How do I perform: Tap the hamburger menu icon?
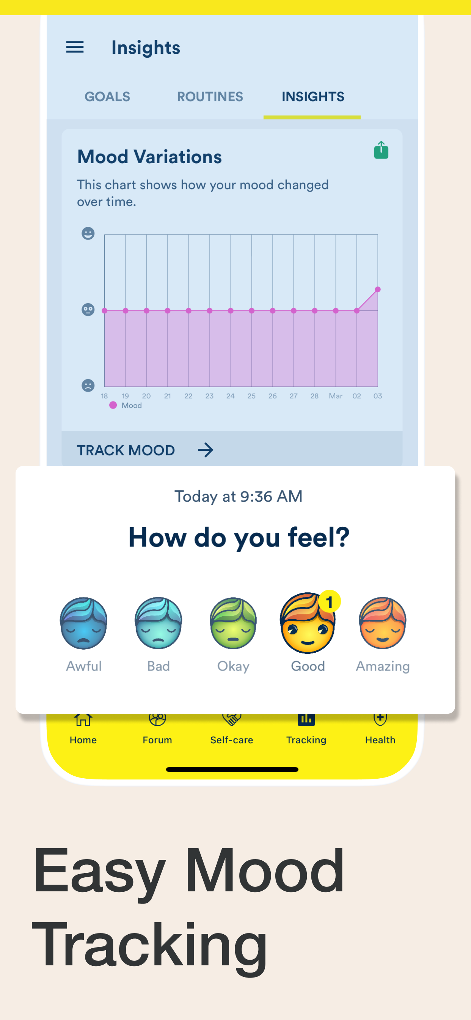point(75,47)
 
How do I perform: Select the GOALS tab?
point(107,97)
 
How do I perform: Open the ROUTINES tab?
point(210,97)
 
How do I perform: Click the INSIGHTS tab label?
point(313,97)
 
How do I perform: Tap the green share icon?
point(381,150)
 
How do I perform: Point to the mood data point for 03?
point(378,290)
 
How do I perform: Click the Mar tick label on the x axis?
point(336,396)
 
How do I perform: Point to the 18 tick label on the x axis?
point(104,396)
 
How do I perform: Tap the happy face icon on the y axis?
point(88,233)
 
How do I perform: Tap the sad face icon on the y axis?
point(88,385)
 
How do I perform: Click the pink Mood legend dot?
point(113,405)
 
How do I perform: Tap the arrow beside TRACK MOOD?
point(206,450)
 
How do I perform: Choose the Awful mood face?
point(83,623)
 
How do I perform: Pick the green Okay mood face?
point(233,623)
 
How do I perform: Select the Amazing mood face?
point(382,623)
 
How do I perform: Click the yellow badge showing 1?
point(329,602)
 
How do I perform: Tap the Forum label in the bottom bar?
point(157,740)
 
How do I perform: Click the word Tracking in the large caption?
point(150,945)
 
